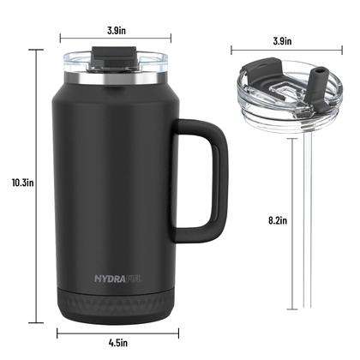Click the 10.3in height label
(x=16, y=182)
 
